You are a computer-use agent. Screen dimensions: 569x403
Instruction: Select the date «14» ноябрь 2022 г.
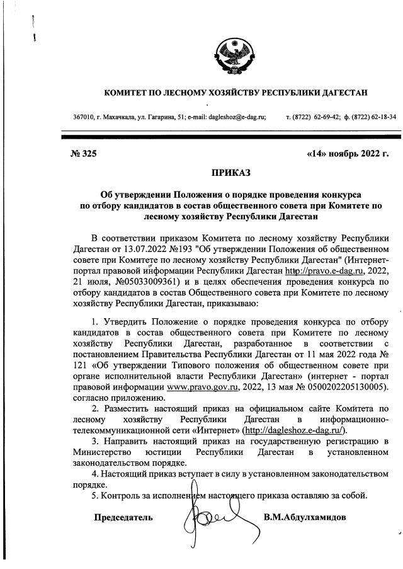click(x=347, y=152)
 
